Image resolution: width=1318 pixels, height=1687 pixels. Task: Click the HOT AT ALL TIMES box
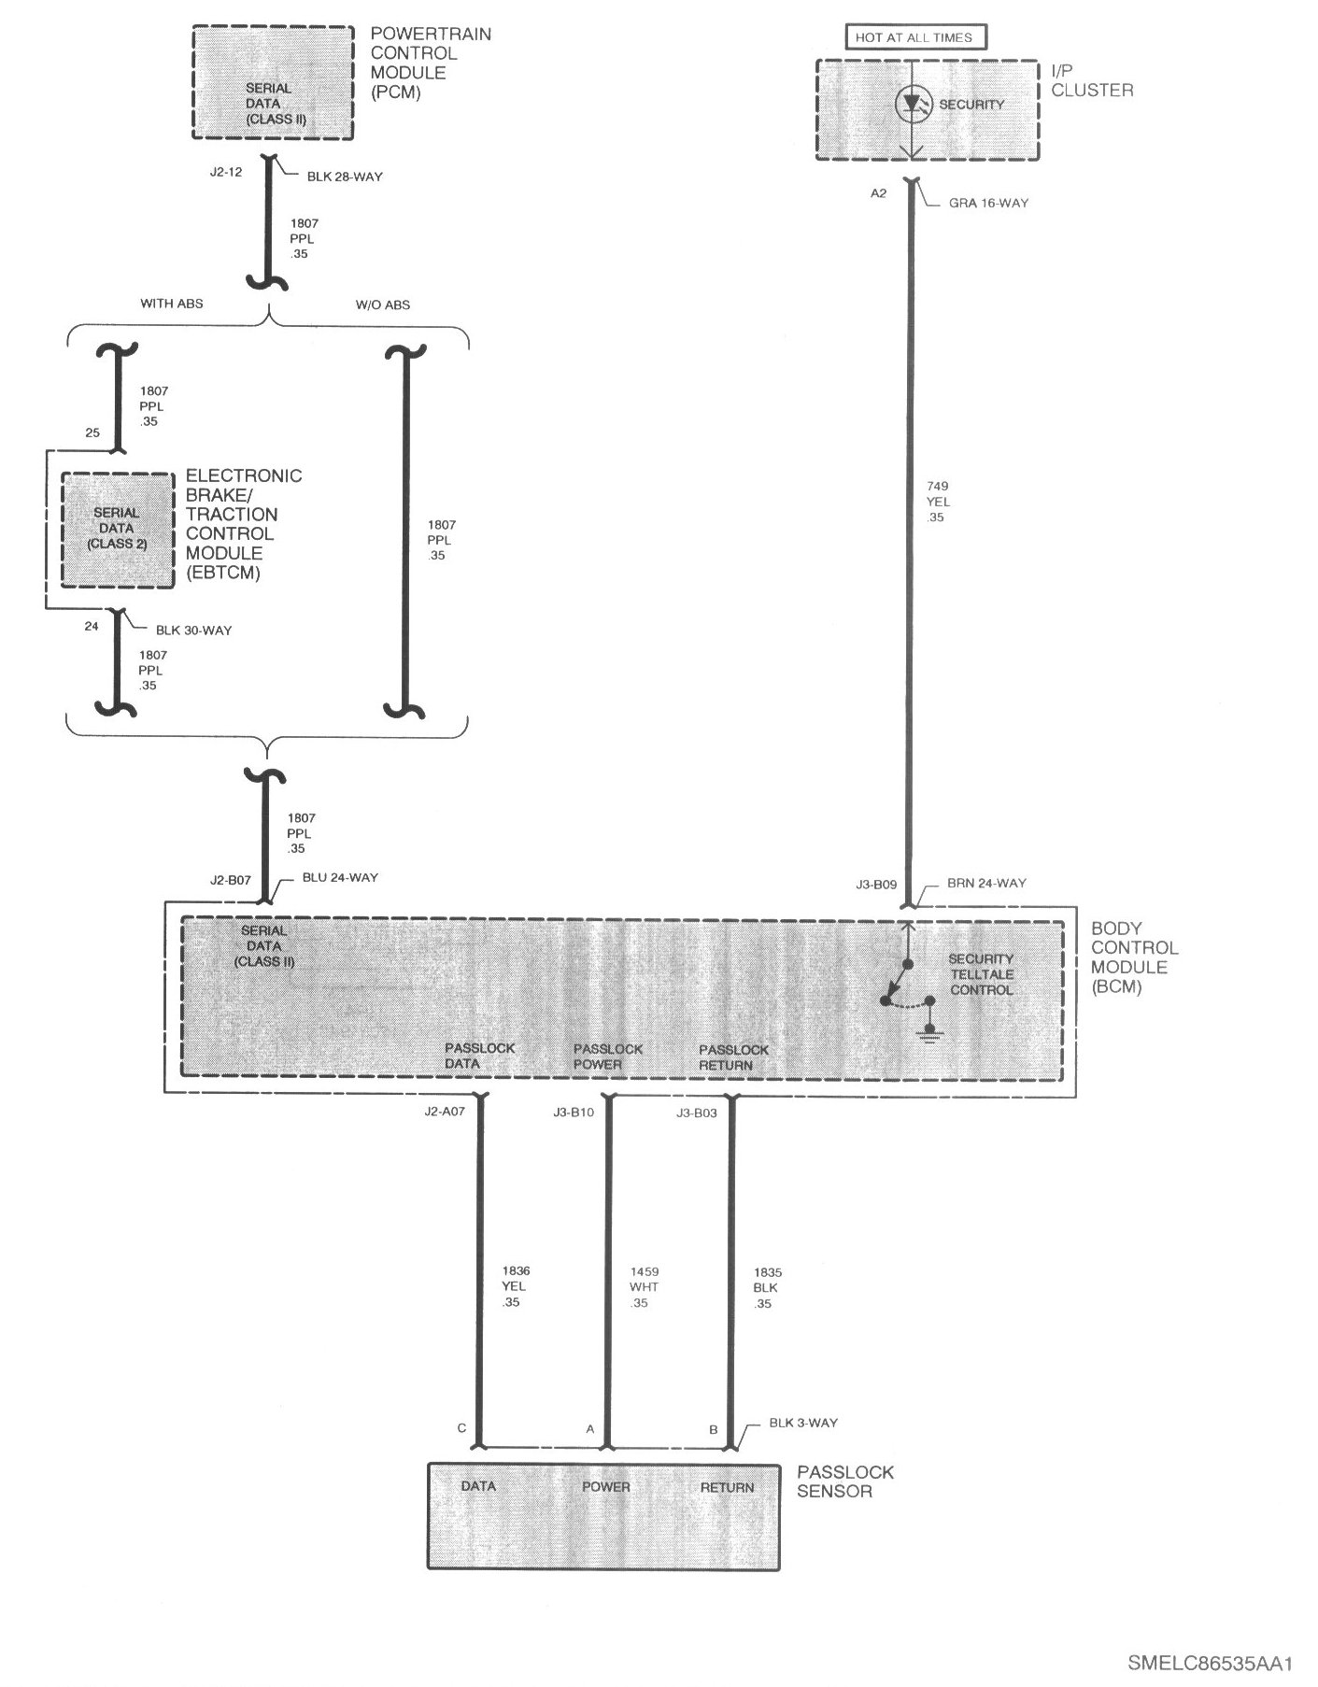914,37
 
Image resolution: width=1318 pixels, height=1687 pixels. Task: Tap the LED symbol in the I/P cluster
911,105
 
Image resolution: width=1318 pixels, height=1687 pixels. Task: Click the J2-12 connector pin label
227,172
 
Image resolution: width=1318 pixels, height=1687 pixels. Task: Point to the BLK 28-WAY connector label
345,177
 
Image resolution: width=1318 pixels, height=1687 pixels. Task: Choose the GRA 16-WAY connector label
988,203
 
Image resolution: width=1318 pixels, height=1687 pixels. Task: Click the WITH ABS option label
172,304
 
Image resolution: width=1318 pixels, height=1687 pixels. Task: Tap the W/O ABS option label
382,305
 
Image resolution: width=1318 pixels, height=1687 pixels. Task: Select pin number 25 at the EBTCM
92,433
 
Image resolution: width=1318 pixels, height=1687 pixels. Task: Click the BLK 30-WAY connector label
193,631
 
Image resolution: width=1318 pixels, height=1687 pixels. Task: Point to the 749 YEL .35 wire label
937,502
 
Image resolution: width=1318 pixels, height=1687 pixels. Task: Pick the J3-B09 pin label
876,884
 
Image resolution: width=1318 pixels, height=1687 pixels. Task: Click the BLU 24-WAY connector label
340,878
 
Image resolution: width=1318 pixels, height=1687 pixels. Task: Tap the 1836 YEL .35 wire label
515,1286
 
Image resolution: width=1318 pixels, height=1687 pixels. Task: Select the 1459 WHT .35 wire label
644,1286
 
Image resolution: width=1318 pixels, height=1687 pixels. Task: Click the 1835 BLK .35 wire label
766,1287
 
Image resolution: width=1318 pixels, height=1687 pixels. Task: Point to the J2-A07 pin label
445,1112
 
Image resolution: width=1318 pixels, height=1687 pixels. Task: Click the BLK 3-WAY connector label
803,1423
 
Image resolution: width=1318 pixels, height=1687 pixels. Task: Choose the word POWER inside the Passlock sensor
606,1486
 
